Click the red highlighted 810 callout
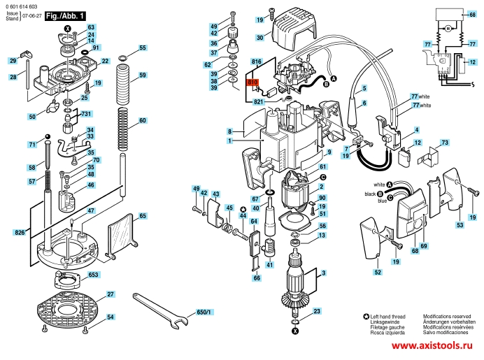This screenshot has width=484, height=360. click(253, 82)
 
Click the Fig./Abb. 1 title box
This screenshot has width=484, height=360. click(66, 15)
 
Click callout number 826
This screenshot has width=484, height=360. click(19, 231)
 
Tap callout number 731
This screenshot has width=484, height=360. click(86, 114)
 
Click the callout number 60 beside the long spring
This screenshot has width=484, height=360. click(143, 121)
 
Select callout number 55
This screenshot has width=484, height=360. click(143, 48)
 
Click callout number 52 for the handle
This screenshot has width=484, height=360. click(377, 272)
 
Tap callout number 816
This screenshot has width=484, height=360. click(256, 62)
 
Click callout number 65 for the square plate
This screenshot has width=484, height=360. click(143, 217)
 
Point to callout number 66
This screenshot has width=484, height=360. click(257, 278)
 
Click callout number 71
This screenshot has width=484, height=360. click(31, 145)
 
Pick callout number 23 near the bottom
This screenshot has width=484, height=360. click(317, 311)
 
